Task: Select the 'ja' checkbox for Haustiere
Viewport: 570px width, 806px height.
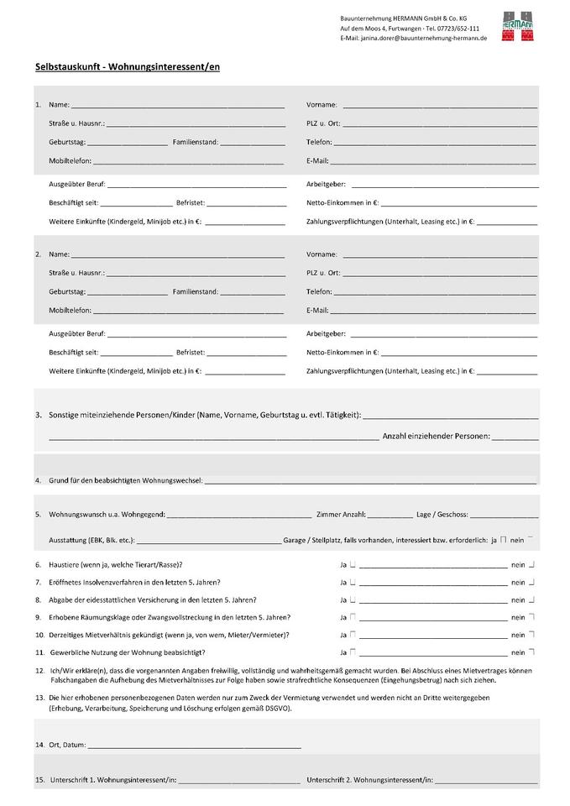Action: tap(353, 564)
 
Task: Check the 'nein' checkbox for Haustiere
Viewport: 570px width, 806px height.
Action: tap(532, 564)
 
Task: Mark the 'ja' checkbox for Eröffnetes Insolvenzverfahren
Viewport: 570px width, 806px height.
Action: tap(353, 582)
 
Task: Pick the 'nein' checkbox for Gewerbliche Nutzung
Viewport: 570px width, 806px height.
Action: tap(532, 652)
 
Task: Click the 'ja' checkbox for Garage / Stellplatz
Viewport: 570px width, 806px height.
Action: tap(503, 540)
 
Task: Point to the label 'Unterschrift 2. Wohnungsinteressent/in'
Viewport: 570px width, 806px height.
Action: tap(369, 781)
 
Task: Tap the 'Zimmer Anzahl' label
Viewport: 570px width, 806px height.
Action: tap(341, 514)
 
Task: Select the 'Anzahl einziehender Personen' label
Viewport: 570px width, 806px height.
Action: tap(436, 437)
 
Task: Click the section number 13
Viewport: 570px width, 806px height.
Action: tap(39, 698)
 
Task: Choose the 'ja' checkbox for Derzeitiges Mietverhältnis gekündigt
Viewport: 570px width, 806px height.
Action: tap(353, 634)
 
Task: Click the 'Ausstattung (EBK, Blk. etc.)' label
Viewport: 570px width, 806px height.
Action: tap(92, 540)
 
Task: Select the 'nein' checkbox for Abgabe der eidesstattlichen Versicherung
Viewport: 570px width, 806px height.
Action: tap(532, 599)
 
